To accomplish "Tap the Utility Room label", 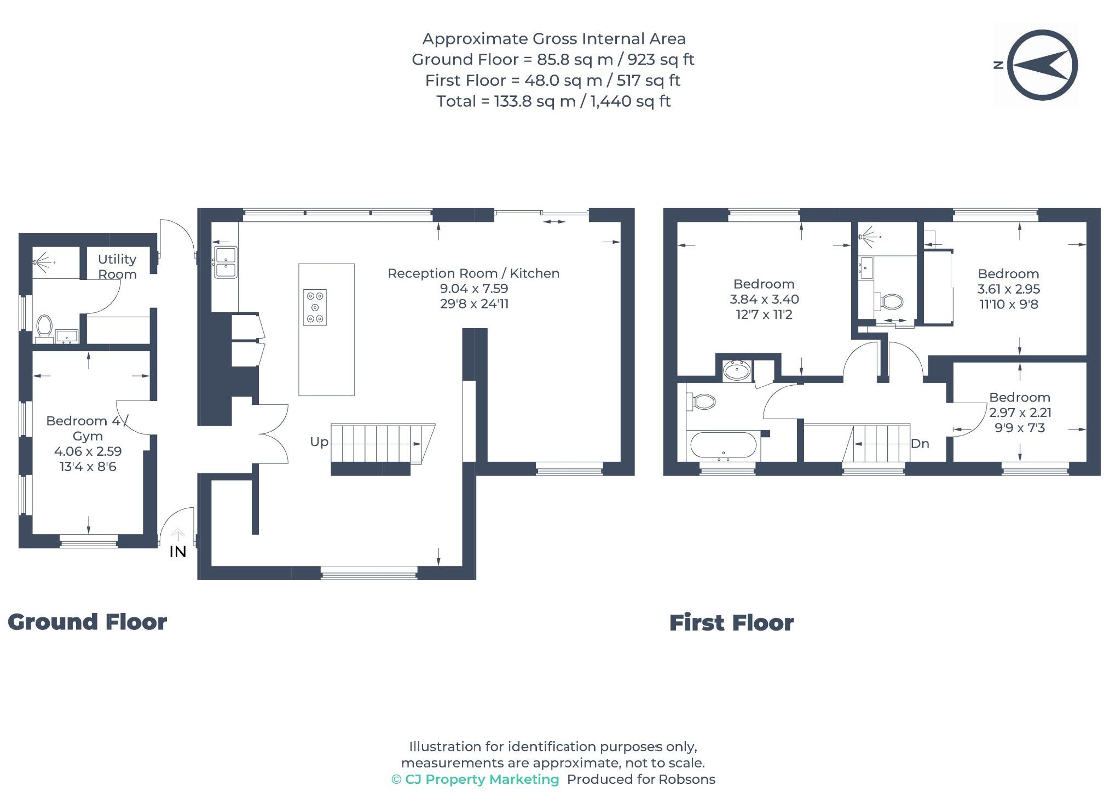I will point(117,266).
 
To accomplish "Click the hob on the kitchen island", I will point(315,307).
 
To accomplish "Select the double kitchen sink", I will point(226,262).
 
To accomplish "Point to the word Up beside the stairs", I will point(319,442).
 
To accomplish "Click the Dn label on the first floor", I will point(920,444).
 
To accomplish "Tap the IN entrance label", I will point(177,552).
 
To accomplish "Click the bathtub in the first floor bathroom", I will point(723,445).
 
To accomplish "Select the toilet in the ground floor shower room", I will point(44,326).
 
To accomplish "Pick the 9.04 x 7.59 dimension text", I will point(474,289).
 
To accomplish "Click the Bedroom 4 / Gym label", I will point(88,428).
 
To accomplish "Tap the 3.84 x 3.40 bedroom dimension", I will point(764,299).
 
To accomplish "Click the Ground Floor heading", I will point(87,622).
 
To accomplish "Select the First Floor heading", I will point(731,623).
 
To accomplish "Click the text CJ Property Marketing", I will point(482,779).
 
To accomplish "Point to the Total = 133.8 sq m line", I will point(553,101).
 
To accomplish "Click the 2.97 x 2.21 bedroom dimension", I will point(1020,413).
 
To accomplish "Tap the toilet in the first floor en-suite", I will point(892,301).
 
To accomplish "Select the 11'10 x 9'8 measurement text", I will point(1008,304).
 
